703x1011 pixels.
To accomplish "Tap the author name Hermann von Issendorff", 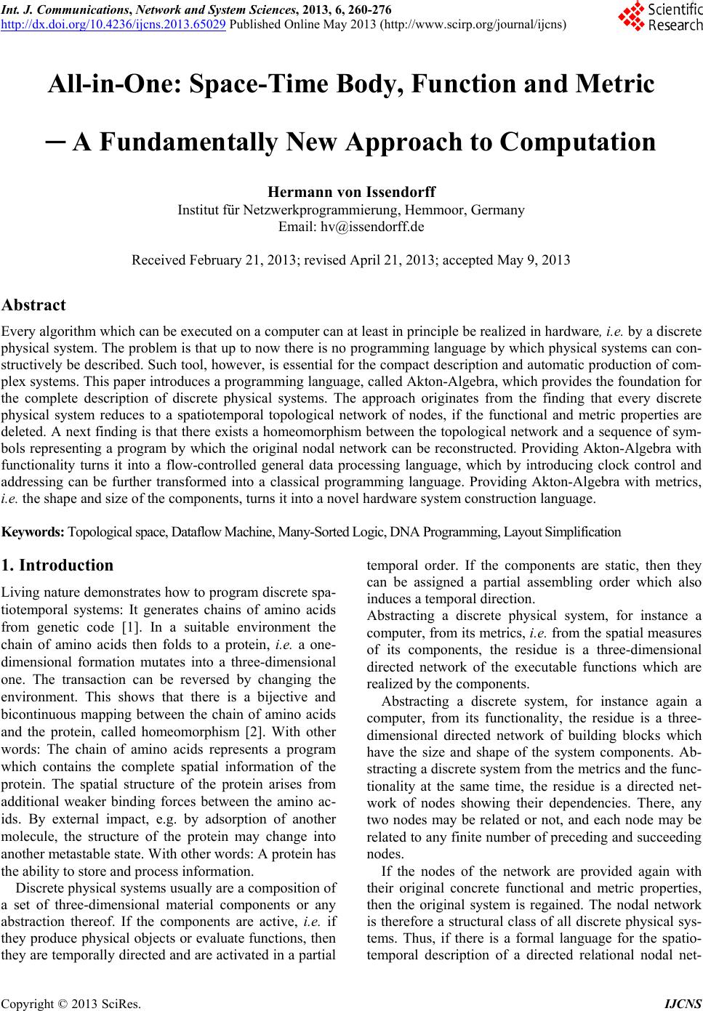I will (x=352, y=193).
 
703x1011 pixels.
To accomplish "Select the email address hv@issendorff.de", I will (x=352, y=227).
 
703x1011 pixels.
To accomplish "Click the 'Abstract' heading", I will (x=34, y=305).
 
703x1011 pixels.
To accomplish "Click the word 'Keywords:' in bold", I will (x=33, y=532).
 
